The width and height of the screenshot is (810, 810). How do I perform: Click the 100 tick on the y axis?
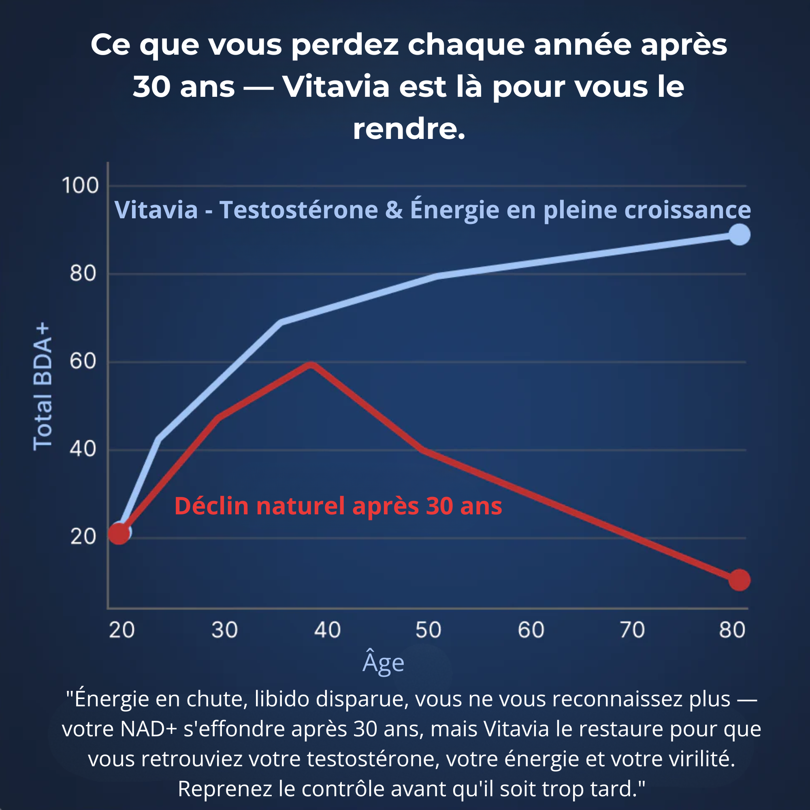pyautogui.click(x=80, y=185)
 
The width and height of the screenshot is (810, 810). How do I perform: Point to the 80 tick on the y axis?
pyautogui.click(x=83, y=273)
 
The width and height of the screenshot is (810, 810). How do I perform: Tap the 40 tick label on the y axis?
pyautogui.click(x=83, y=449)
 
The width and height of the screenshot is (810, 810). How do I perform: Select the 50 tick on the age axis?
pyautogui.click(x=428, y=630)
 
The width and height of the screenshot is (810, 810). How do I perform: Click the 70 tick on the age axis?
pyautogui.click(x=632, y=630)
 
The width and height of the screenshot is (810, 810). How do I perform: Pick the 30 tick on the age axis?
pyautogui.click(x=224, y=630)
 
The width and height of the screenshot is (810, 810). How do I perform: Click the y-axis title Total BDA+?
pyautogui.click(x=43, y=386)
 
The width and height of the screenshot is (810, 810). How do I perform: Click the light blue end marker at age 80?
pyautogui.click(x=739, y=234)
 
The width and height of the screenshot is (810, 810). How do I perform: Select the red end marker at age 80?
pyautogui.click(x=739, y=580)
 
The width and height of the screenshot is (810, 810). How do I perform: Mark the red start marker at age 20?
pyautogui.click(x=119, y=534)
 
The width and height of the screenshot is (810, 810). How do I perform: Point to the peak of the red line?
pyautogui.click(x=311, y=365)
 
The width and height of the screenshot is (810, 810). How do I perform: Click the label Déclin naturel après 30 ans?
pyautogui.click(x=338, y=505)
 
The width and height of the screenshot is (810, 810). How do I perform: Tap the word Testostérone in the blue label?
pyautogui.click(x=298, y=210)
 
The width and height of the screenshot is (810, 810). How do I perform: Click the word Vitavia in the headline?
pyautogui.click(x=336, y=87)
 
